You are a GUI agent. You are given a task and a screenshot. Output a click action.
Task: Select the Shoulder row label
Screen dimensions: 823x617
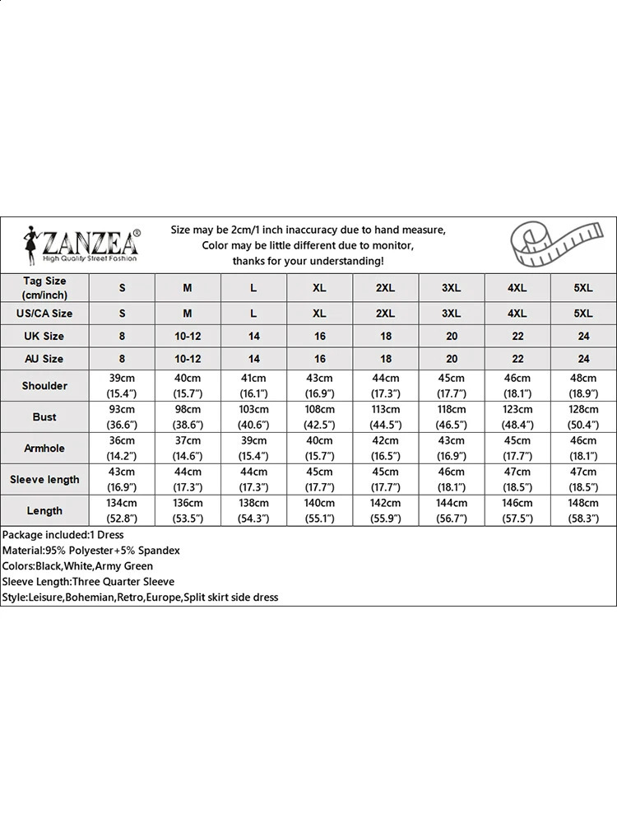coord(44,386)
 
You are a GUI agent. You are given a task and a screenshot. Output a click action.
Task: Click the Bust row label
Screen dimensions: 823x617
coord(44,417)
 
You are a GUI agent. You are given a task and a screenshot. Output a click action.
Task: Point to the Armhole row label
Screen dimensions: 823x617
coord(44,449)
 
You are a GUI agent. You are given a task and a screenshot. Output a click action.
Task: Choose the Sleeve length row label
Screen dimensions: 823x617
coord(44,480)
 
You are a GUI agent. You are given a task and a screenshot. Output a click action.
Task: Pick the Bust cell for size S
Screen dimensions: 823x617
coord(122,417)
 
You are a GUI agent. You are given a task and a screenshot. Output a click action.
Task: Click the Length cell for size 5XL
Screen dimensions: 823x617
coord(583,511)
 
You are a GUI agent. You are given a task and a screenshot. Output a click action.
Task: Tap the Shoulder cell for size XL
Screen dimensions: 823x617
coord(319,386)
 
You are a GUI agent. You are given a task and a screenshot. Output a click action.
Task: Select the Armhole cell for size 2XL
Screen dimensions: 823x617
coord(385,449)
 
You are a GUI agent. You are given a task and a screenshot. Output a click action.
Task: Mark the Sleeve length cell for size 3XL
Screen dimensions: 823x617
coord(451,480)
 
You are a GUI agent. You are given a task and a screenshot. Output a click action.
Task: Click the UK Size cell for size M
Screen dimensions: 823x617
coord(188,336)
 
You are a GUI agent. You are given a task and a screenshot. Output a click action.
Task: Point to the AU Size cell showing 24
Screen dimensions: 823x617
coord(583,359)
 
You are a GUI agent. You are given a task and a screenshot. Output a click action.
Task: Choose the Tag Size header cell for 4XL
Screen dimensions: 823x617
coord(517,287)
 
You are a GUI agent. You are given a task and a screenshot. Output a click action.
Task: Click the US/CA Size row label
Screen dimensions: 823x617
coord(44,314)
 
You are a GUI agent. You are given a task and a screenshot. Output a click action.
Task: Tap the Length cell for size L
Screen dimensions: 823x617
coord(253,511)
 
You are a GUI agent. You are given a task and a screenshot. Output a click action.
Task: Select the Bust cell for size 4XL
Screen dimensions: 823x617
coord(517,417)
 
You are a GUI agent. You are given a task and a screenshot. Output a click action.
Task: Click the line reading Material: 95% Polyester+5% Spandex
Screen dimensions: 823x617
coord(91,551)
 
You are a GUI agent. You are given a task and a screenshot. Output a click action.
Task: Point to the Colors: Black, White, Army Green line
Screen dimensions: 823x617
coord(78,566)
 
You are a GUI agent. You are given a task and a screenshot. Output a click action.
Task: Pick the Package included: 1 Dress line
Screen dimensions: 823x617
coord(63,535)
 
